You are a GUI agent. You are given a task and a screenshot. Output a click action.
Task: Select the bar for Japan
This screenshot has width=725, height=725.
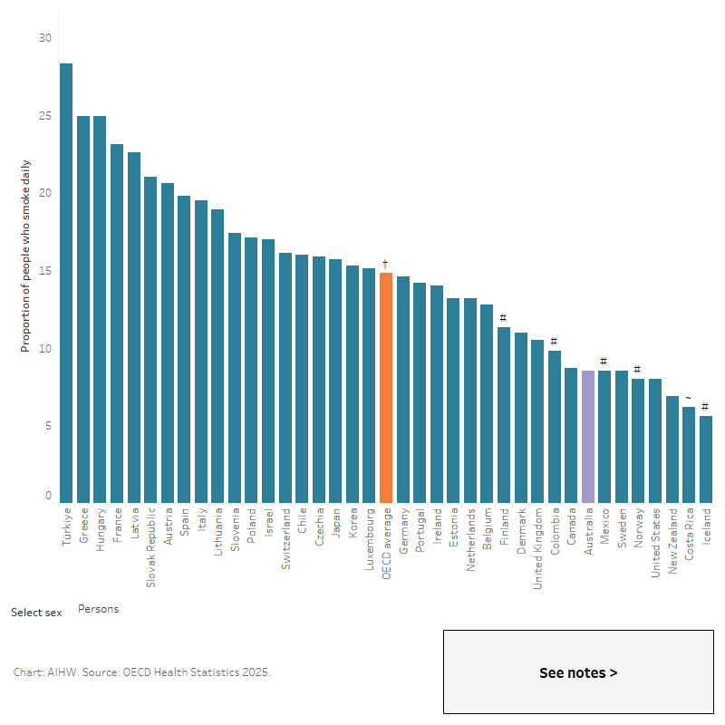pyautogui.click(x=335, y=381)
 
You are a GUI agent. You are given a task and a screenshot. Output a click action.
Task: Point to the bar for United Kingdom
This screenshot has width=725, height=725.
pyautogui.click(x=536, y=421)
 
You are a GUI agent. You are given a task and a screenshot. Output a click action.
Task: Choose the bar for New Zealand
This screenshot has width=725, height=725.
pyautogui.click(x=672, y=449)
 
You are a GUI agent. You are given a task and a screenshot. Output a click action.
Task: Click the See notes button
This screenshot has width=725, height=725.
pyautogui.click(x=578, y=672)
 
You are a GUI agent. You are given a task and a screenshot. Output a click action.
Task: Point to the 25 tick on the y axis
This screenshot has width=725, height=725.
pyautogui.click(x=45, y=116)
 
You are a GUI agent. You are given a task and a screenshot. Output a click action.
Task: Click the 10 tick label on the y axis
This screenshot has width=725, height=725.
pyautogui.click(x=45, y=349)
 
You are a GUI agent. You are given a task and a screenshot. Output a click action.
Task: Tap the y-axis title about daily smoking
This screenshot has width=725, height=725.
pyautogui.click(x=25, y=256)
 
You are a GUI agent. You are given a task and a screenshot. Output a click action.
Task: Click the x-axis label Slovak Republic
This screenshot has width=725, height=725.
pyautogui.click(x=151, y=551)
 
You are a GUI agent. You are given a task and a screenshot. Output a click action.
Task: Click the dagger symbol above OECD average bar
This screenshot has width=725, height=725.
pyautogui.click(x=386, y=264)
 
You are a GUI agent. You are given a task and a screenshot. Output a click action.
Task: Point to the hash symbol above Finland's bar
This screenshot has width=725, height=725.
pyautogui.click(x=503, y=318)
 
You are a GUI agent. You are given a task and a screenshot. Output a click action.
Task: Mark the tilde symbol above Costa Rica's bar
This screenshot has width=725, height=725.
pyautogui.click(x=689, y=398)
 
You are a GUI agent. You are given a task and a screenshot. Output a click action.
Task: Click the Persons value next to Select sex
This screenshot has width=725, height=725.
pyautogui.click(x=98, y=609)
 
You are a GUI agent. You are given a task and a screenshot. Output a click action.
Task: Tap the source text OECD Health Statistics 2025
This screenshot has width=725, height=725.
pyautogui.click(x=192, y=672)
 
